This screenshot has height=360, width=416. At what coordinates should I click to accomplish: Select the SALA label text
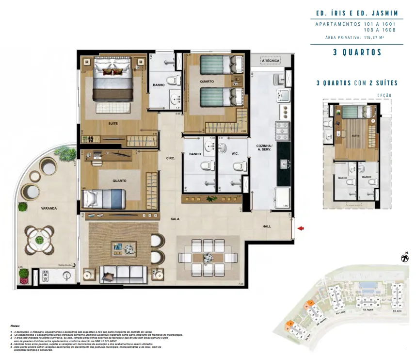176,219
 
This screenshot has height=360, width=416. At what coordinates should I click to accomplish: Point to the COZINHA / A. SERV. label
265,148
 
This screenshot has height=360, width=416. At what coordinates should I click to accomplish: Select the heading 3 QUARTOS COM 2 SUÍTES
357,83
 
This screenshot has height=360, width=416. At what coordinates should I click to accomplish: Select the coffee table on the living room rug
123,249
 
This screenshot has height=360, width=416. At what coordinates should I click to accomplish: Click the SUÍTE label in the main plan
113,123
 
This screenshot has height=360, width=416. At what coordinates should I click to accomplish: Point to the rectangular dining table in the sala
207,258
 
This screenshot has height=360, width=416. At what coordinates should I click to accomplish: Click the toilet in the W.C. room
238,166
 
